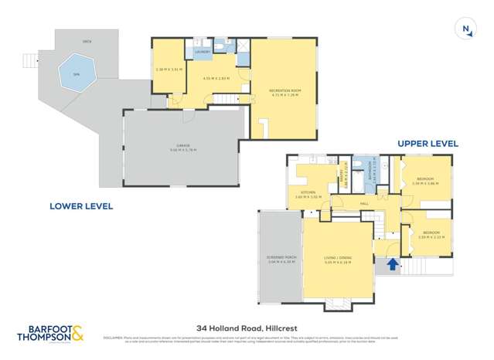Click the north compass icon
click(x=466, y=30)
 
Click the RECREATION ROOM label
click(x=283, y=90)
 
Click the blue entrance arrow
click(x=392, y=265)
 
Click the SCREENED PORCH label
click(x=279, y=259)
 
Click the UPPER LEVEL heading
click(x=428, y=144)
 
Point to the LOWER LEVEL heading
click(x=81, y=206)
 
